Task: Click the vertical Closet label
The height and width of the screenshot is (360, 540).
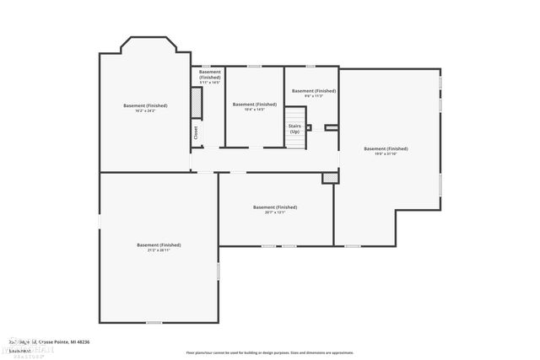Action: click(196, 132)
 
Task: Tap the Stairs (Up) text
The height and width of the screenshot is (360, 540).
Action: click(294, 129)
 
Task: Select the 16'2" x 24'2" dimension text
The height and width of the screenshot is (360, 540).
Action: click(145, 110)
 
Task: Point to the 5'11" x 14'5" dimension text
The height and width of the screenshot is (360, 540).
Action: click(209, 83)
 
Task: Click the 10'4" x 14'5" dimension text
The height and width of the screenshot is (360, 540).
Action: click(254, 109)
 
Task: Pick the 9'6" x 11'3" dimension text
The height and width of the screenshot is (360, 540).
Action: click(313, 96)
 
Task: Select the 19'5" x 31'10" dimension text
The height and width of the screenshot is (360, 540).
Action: click(386, 153)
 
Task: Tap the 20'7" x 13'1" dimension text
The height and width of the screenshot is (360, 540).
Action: click(274, 212)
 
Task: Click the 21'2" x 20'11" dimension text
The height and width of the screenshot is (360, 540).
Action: click(159, 250)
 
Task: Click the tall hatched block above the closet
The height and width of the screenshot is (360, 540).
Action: click(197, 105)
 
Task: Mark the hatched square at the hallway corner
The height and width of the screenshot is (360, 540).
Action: click(329, 179)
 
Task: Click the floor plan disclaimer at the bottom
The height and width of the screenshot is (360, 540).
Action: click(269, 352)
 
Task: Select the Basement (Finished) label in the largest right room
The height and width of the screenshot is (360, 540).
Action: click(386, 148)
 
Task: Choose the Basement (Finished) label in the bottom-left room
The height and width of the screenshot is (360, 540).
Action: click(159, 244)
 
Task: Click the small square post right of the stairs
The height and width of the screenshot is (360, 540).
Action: click(309, 127)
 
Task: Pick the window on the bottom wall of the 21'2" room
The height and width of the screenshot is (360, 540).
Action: click(154, 322)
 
